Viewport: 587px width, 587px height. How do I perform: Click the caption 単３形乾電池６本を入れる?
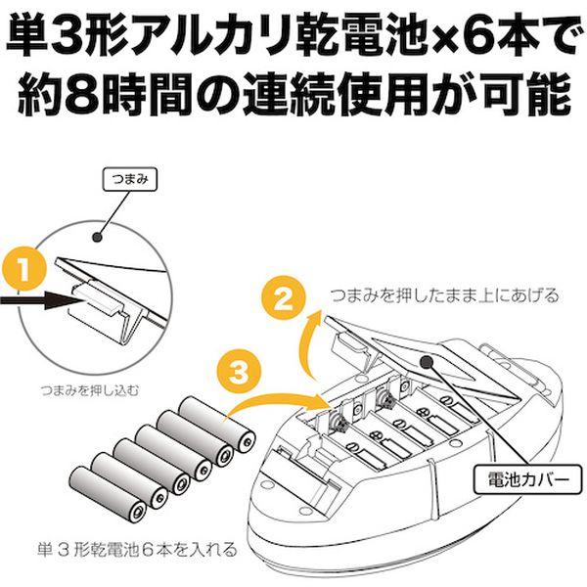[131, 550]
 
